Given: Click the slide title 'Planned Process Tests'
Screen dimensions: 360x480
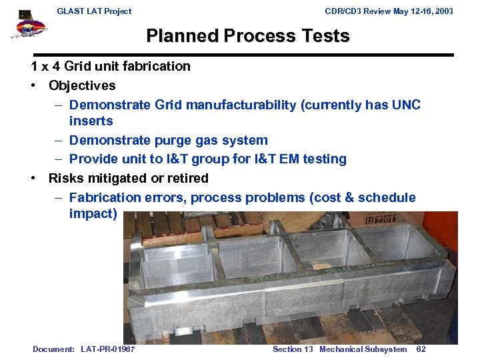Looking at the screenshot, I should pyautogui.click(x=247, y=36).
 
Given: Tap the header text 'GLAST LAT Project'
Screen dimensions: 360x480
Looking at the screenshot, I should pyautogui.click(x=94, y=11).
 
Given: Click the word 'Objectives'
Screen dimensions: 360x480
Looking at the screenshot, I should pyautogui.click(x=82, y=85).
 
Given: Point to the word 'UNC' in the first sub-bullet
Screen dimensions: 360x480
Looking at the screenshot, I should pyautogui.click(x=405, y=105).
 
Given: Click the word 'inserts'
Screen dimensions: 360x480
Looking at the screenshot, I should pyautogui.click(x=91, y=121).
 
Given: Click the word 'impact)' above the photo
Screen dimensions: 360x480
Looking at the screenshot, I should pyautogui.click(x=93, y=213).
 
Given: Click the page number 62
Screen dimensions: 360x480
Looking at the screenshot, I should pyautogui.click(x=421, y=349).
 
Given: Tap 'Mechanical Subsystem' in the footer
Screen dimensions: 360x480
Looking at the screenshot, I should pyautogui.click(x=363, y=349).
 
